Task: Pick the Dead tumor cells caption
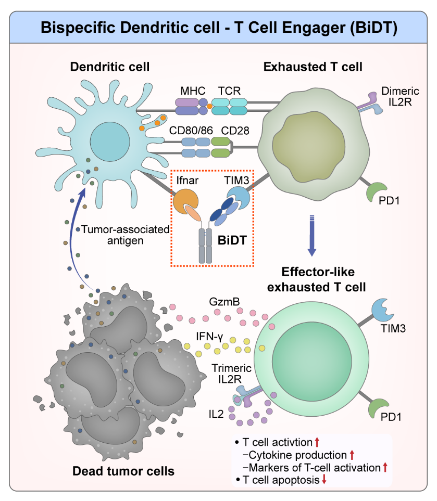[123, 471]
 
